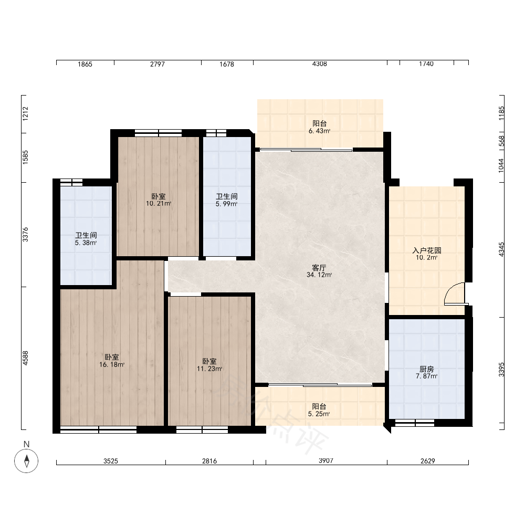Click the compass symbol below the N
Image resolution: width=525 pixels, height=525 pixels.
pyautogui.click(x=26, y=461)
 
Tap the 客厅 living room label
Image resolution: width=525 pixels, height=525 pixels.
pyautogui.click(x=319, y=268)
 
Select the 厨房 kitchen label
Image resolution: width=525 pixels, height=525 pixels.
pyautogui.click(x=426, y=369)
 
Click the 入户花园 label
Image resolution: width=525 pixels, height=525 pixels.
pyautogui.click(x=426, y=250)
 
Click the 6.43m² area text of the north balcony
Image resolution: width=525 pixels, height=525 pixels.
pyautogui.click(x=319, y=131)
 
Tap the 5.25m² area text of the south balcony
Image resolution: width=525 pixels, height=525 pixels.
pyautogui.click(x=319, y=414)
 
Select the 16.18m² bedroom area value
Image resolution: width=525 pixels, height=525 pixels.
pyautogui.click(x=112, y=365)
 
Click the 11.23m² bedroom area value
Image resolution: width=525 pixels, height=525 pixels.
pyautogui.click(x=209, y=369)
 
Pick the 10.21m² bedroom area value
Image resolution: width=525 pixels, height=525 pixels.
pyautogui.click(x=159, y=203)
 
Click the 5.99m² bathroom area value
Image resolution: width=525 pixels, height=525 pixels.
pyautogui.click(x=227, y=204)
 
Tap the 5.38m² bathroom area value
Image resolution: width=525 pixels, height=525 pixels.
pyautogui.click(x=86, y=243)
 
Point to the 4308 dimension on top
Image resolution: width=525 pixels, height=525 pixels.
pyautogui.click(x=319, y=64)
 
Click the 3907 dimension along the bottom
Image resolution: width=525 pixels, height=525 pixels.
pyautogui.click(x=326, y=461)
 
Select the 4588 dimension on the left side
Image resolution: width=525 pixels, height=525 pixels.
pyautogui.click(x=25, y=358)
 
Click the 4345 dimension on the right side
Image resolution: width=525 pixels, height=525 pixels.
pyautogui.click(x=501, y=249)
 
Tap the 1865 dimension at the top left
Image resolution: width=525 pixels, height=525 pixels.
pyautogui.click(x=85, y=64)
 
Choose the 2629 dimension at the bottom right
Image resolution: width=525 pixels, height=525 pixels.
pyautogui.click(x=427, y=461)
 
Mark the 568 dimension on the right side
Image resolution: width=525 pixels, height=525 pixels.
pyautogui.click(x=501, y=141)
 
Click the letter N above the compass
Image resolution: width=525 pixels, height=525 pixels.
pyautogui.click(x=26, y=444)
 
